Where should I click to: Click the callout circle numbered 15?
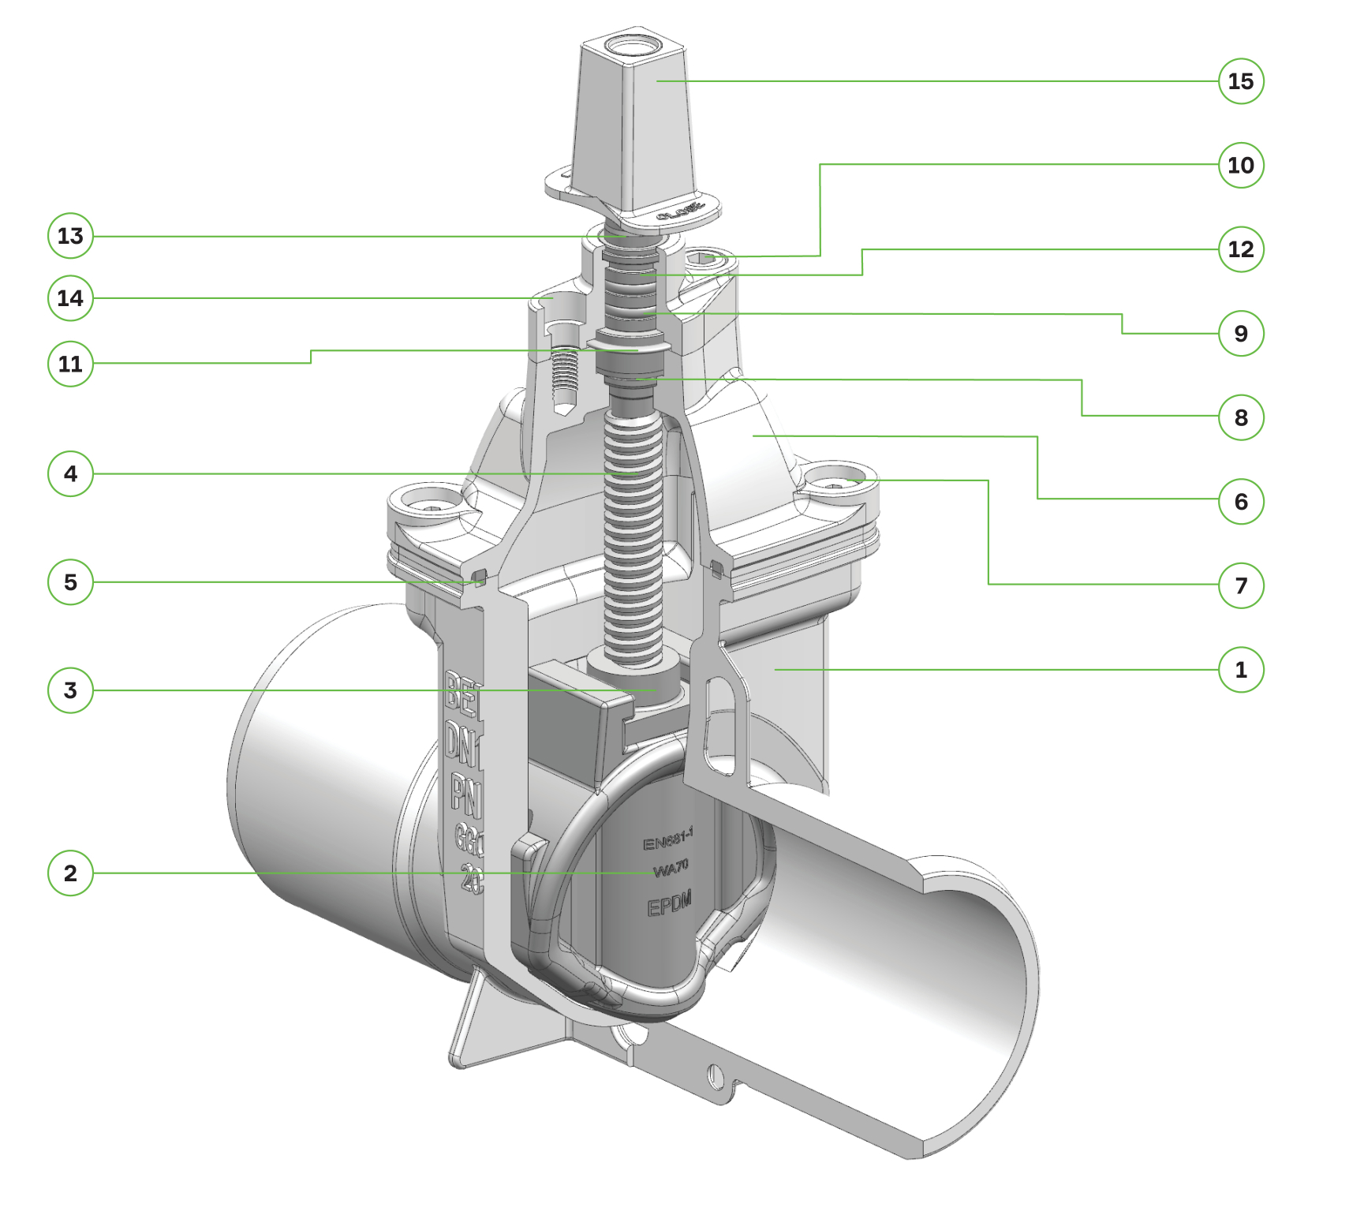tap(1241, 81)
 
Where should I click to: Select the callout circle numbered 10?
tap(1241, 165)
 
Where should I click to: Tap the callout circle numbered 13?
tap(70, 236)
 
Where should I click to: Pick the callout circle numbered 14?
tap(70, 298)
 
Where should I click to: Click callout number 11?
tap(70, 364)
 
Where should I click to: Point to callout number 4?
tap(70, 473)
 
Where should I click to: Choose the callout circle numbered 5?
tap(70, 582)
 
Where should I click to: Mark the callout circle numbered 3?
tap(70, 690)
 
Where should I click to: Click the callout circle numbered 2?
tap(70, 873)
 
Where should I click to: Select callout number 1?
tap(1241, 670)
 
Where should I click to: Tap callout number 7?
tap(1241, 585)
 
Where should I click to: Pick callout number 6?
tap(1241, 501)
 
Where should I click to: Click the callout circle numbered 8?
tap(1241, 417)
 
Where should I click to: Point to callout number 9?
tap(1241, 333)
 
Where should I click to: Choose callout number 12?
tap(1241, 249)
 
